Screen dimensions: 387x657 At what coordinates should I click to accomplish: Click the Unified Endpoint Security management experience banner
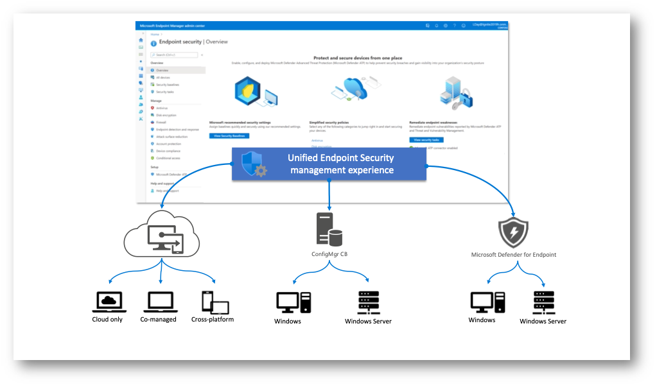340,164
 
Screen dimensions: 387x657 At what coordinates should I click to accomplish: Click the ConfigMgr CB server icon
329,230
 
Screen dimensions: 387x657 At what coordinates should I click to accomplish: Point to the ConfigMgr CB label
329,254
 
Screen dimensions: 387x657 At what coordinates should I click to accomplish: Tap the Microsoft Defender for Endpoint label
513,255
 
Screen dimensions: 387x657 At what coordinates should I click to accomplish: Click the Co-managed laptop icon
158,301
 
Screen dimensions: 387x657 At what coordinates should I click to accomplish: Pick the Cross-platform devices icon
215,302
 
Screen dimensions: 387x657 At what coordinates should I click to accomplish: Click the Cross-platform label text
213,319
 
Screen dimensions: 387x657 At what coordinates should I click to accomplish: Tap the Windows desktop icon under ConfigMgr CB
293,303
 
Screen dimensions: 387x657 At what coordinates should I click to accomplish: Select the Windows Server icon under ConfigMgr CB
369,303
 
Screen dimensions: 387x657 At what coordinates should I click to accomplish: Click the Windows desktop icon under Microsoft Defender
487,302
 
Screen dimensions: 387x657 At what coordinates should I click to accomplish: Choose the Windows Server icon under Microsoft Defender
543,302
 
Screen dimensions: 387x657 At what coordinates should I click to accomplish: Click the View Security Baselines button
229,136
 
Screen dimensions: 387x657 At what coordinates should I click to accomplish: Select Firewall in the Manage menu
161,122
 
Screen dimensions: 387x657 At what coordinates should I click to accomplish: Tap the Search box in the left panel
174,55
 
